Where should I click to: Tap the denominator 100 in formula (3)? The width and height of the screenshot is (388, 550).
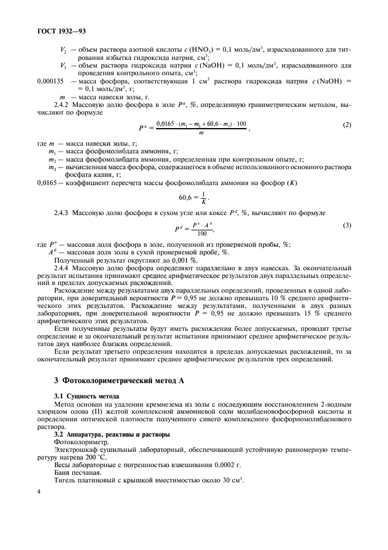202,234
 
